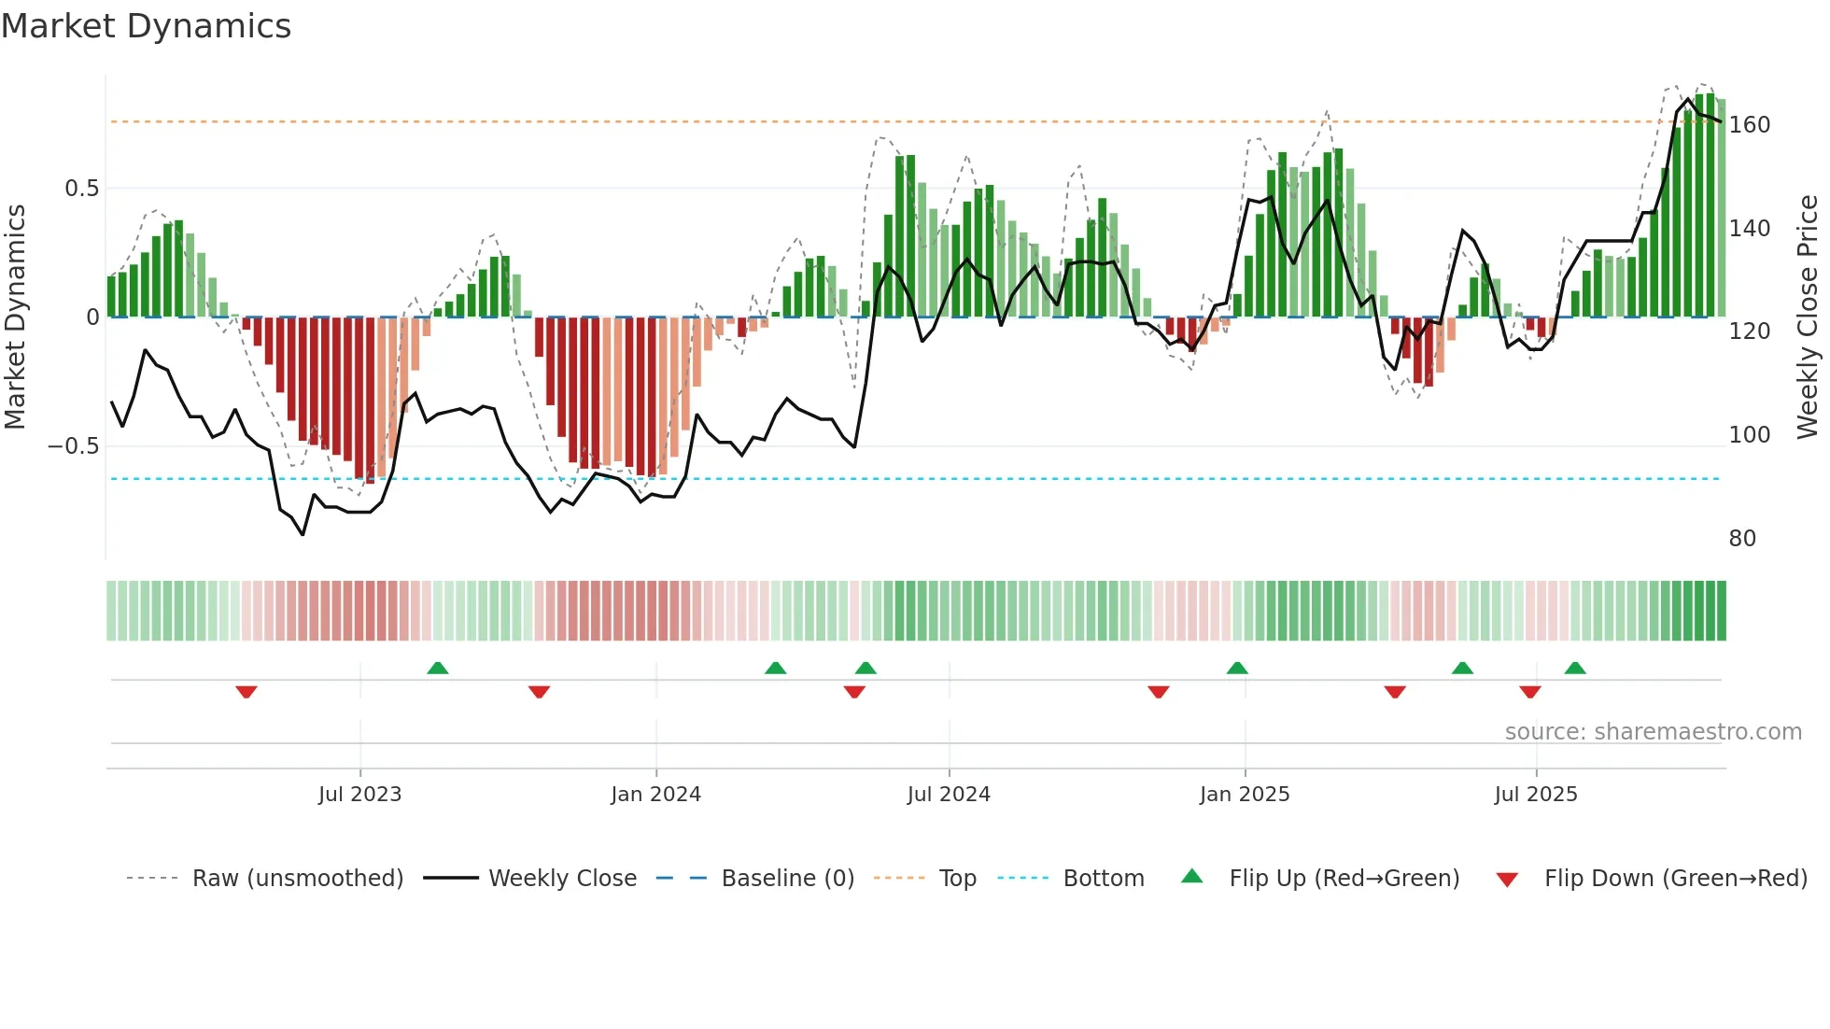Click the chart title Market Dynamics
click(146, 26)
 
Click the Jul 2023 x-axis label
click(359, 795)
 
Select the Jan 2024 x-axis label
click(655, 795)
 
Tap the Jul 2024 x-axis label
click(949, 795)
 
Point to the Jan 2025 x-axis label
click(1245, 795)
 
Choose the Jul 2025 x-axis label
click(1536, 795)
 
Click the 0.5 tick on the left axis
click(81, 189)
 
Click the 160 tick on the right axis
click(1749, 125)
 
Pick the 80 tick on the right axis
click(1742, 539)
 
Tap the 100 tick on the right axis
click(1749, 435)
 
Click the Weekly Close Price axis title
click(1808, 317)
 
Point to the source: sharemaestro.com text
click(1653, 732)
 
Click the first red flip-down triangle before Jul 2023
click(246, 692)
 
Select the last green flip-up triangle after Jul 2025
click(1575, 668)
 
